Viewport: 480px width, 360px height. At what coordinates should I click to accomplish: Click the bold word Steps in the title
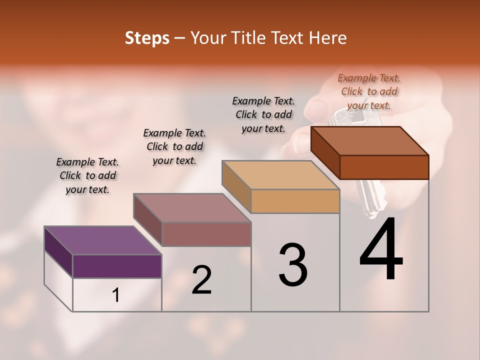(147, 38)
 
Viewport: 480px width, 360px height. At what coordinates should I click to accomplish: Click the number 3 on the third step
(293, 265)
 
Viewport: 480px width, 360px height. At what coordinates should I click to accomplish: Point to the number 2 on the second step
(202, 280)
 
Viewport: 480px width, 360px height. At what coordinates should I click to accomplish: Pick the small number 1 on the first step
(116, 295)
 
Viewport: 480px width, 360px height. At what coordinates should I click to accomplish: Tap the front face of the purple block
(117, 266)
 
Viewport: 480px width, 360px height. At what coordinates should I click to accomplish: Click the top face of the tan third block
(280, 175)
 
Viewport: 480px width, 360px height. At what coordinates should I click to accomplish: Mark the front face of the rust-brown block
(384, 167)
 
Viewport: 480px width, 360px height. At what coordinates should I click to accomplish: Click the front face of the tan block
(295, 201)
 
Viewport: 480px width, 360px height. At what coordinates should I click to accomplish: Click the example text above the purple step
(87, 175)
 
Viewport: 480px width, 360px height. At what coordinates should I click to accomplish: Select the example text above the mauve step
(174, 146)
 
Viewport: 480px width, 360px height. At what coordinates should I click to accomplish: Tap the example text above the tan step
(263, 114)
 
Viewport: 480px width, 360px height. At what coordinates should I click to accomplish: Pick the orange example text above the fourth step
(369, 91)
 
